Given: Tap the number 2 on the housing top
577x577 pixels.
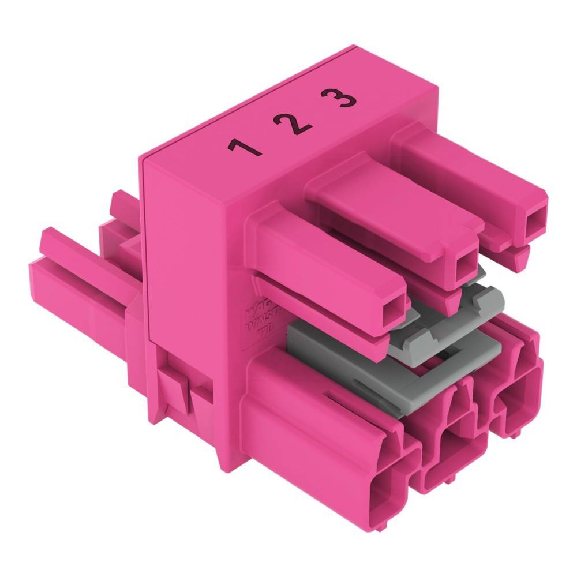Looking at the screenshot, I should (293, 122).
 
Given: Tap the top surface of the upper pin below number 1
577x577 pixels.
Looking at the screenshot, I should (323, 248).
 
